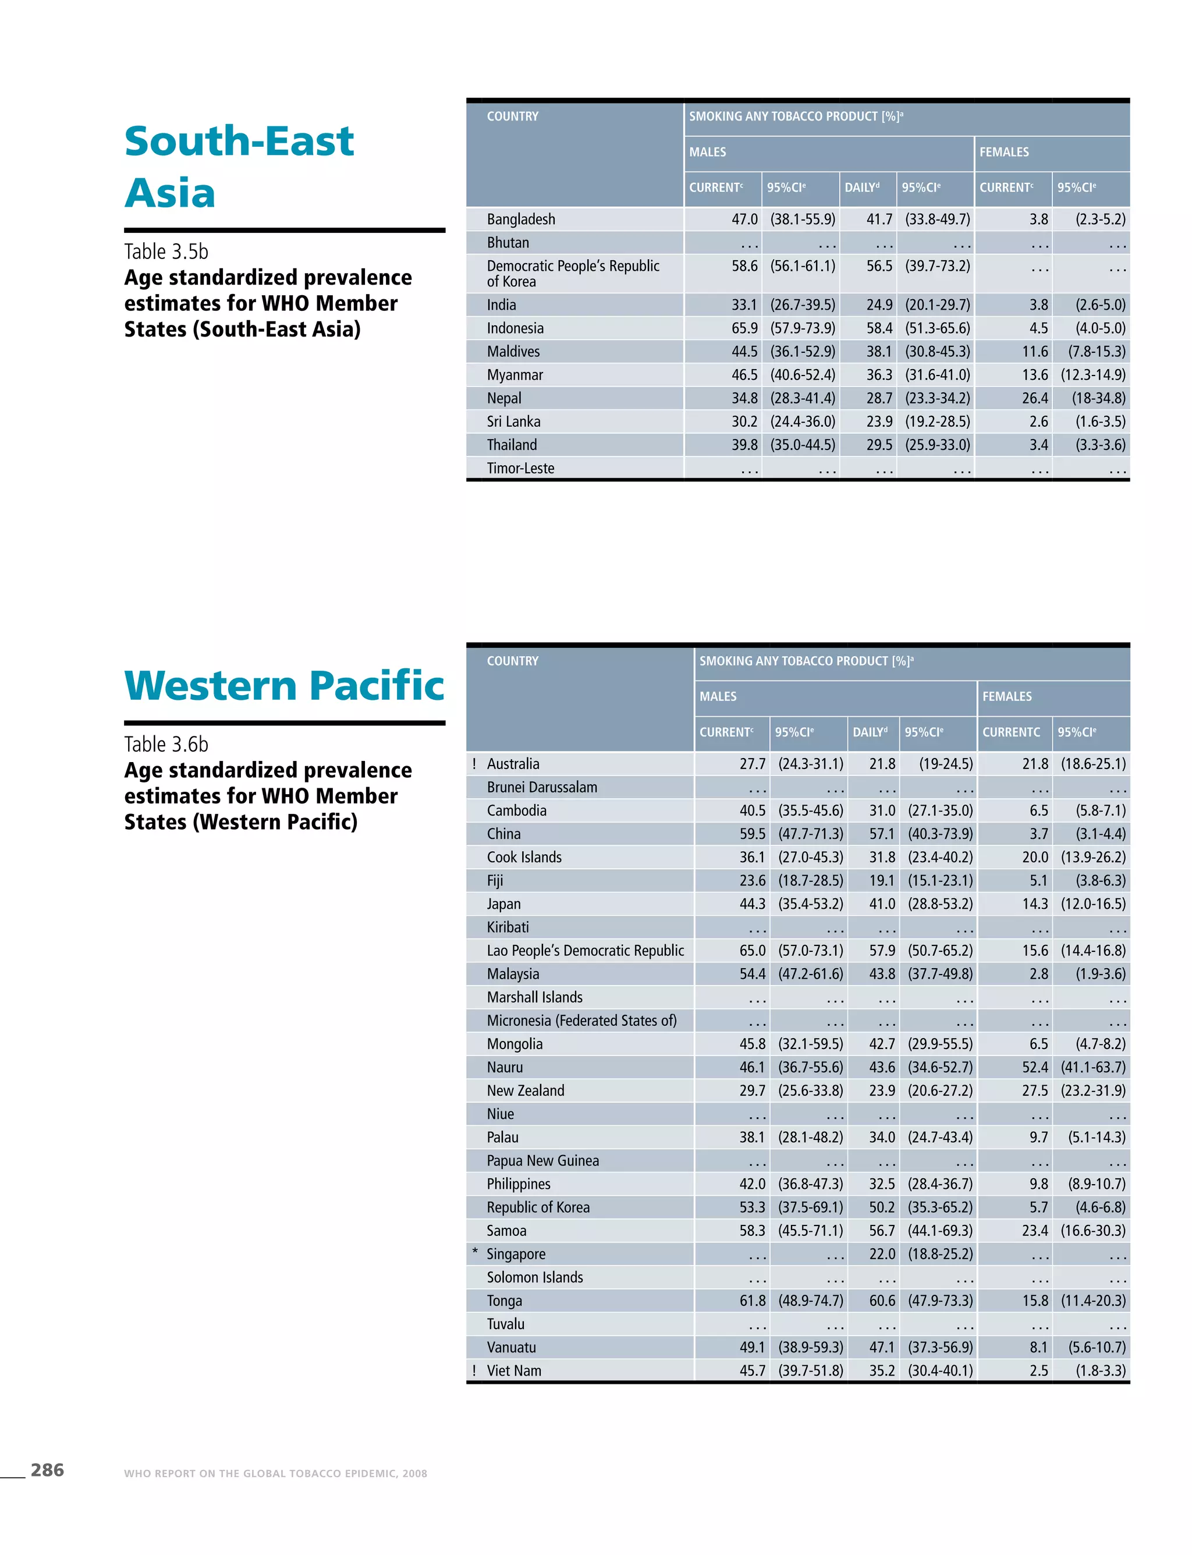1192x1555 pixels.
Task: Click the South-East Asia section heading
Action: [x=239, y=166]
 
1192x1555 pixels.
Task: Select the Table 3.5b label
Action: [x=166, y=252]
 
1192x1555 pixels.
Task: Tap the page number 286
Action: [x=47, y=1470]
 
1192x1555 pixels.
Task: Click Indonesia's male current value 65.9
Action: [x=744, y=328]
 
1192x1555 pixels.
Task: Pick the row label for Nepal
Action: [x=504, y=398]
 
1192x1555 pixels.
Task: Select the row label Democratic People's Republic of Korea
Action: [x=573, y=273]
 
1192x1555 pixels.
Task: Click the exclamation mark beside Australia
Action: [x=474, y=764]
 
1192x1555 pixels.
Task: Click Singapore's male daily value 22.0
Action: [x=882, y=1253]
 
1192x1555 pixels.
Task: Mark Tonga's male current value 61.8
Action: [x=752, y=1300]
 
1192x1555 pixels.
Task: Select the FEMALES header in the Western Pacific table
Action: [x=1007, y=696]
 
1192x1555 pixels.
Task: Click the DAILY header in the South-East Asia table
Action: [x=861, y=187]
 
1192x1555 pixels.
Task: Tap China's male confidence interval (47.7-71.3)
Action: [x=810, y=834]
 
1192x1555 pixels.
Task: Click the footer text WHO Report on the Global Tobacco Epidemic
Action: [x=275, y=1473]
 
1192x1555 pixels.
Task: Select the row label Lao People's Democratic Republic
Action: [x=584, y=950]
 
